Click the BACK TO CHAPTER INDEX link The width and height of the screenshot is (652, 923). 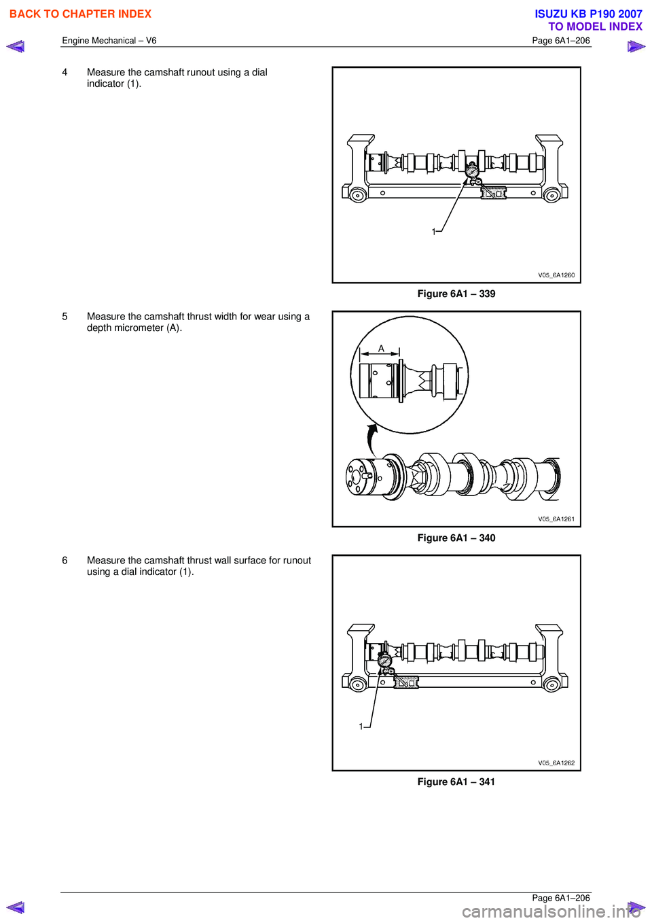coord(81,14)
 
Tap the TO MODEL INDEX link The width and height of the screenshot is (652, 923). coord(595,27)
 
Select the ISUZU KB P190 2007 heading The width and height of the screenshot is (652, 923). coord(589,14)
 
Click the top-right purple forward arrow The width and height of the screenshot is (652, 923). coord(637,46)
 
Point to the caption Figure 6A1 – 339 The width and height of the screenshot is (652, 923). coord(456,294)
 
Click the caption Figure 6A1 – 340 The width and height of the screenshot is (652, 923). coord(456,538)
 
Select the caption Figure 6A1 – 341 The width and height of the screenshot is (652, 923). coord(456,782)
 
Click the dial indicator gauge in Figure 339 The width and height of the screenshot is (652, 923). coord(471,170)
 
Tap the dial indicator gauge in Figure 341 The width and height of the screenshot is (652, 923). coord(384,661)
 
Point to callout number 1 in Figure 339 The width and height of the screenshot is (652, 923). coord(433,232)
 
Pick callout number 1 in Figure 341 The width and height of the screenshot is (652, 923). coord(361,727)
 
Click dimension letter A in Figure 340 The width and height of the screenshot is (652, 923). coord(381,349)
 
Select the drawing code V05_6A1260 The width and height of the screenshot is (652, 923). coord(556,275)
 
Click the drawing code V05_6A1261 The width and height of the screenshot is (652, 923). coord(556,519)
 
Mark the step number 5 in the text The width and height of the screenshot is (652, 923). coord(65,317)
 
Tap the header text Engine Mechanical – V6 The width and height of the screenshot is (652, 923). coord(109,40)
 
